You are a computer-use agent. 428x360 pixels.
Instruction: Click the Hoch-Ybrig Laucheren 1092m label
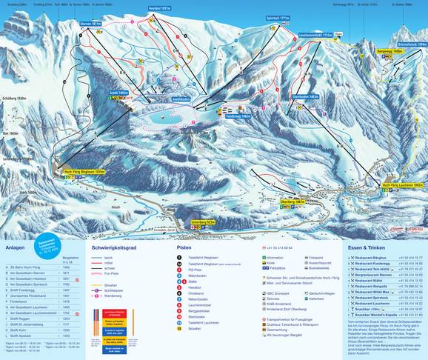coord(401,184)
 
